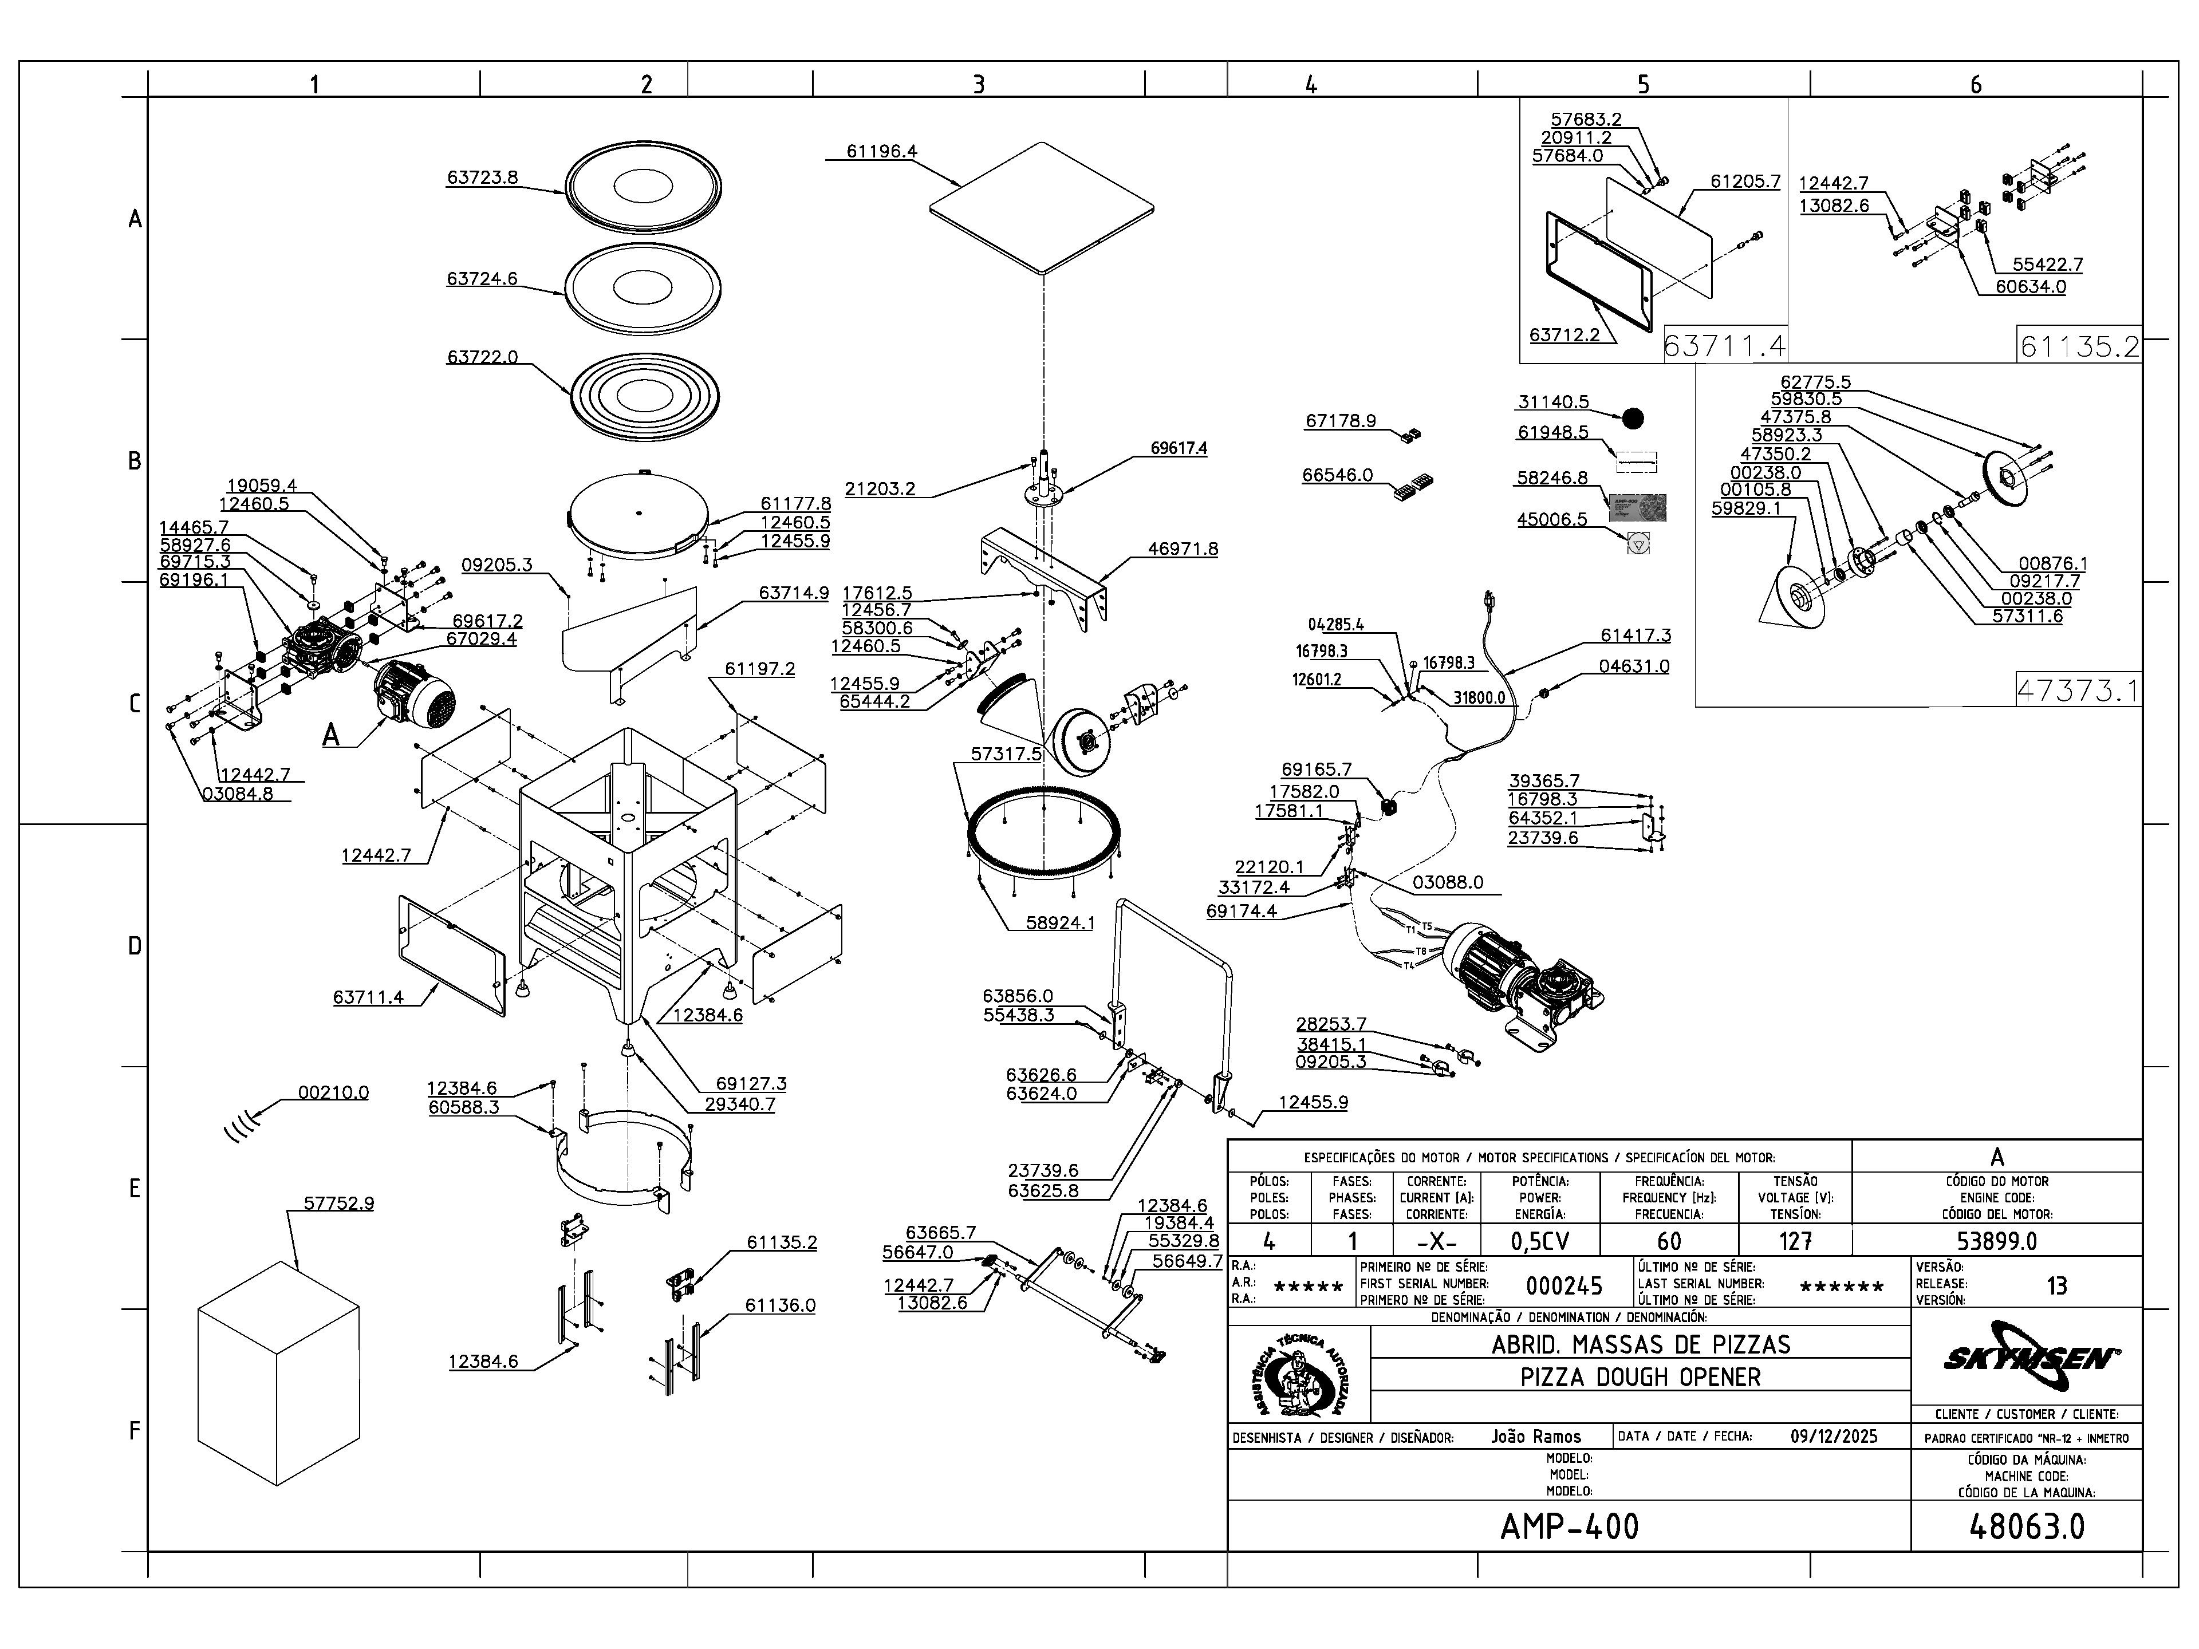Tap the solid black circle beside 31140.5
(x=1632, y=419)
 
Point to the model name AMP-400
(x=1569, y=1526)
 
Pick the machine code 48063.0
(x=2026, y=1526)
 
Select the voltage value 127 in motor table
(x=1794, y=1241)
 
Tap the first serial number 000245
(x=1564, y=1286)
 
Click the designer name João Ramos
(x=1536, y=1436)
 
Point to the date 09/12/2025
(x=1833, y=1436)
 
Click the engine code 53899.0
(x=1996, y=1241)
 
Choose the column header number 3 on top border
(x=978, y=85)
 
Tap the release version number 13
(x=2056, y=1286)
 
